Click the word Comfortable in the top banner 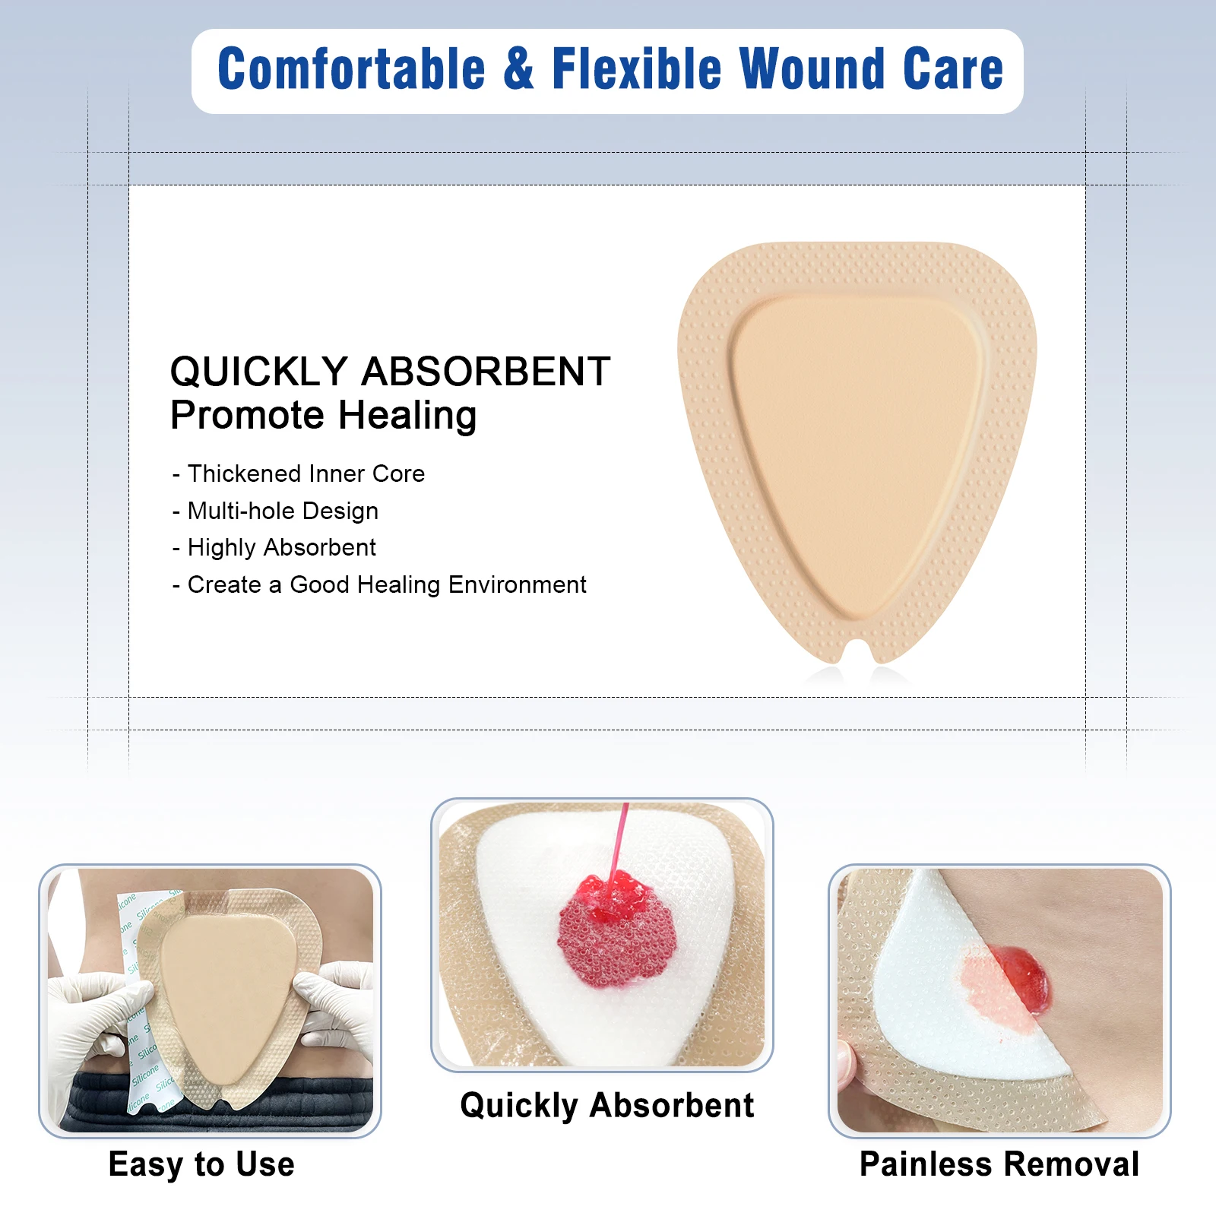tap(351, 68)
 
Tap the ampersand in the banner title tap(518, 68)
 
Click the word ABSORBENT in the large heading tap(486, 372)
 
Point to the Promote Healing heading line tap(323, 416)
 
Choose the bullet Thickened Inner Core tap(298, 473)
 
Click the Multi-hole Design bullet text tap(275, 511)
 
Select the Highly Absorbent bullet tap(274, 547)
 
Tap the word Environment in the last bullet tap(517, 584)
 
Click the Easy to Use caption tap(201, 1164)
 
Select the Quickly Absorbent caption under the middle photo tap(607, 1106)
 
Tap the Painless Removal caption tap(999, 1164)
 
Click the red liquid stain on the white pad tap(616, 929)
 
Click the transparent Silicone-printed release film tap(144, 1003)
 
